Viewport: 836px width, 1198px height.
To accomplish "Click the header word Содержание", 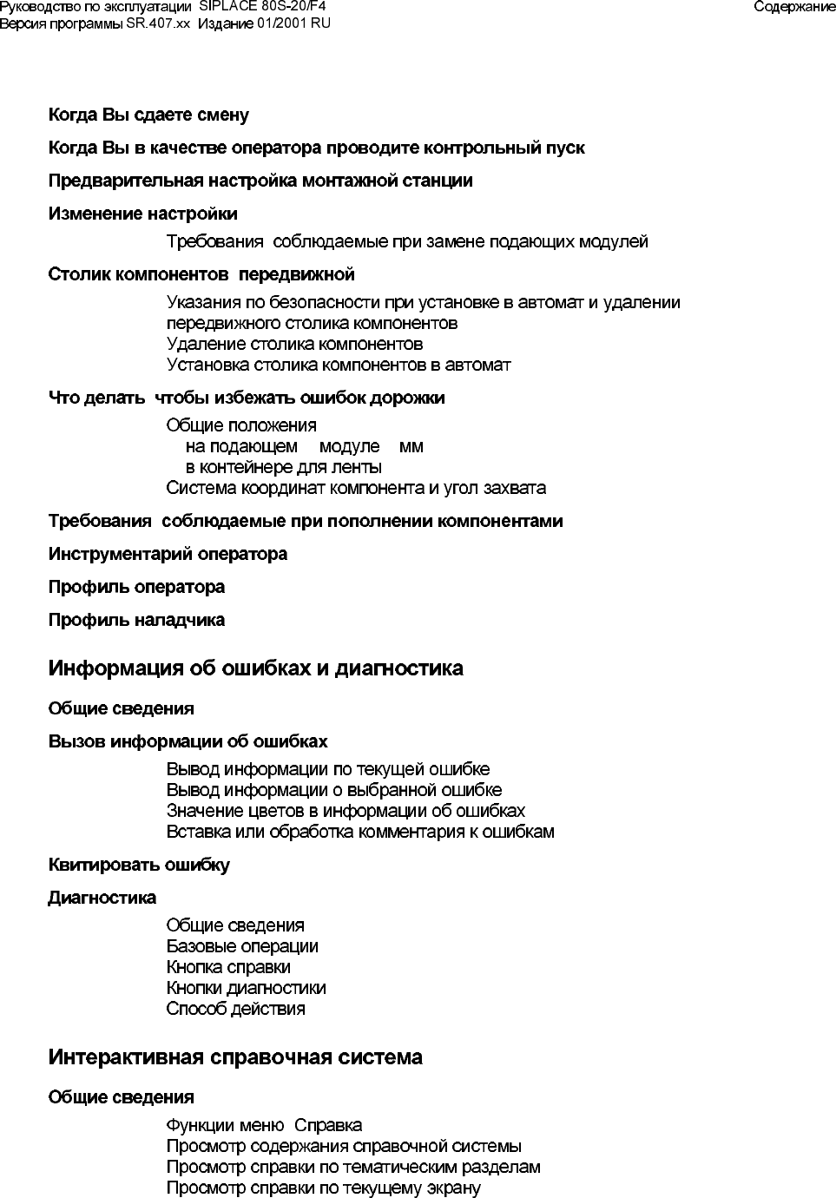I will pos(794,7).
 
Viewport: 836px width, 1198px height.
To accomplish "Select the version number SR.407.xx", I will pos(158,23).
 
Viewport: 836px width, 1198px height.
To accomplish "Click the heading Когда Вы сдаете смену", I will pos(148,115).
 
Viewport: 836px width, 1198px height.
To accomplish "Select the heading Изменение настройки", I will pos(142,214).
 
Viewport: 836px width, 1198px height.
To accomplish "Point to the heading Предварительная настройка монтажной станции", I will pos(260,181).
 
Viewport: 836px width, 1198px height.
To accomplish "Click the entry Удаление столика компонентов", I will pos(294,345).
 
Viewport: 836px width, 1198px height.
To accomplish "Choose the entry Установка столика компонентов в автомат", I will pos(339,365).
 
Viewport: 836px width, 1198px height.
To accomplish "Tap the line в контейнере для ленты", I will pos(284,468).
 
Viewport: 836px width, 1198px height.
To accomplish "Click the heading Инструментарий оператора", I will pos(168,555).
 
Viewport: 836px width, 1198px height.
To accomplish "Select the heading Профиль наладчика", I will pos(136,621).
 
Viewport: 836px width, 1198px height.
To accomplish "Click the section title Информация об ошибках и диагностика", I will pos(255,669).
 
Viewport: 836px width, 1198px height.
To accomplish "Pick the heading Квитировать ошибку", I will pos(139,866).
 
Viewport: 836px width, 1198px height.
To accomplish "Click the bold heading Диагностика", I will pos(102,898).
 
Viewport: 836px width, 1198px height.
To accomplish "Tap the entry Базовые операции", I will pos(242,947).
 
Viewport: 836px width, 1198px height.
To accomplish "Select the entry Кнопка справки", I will pos(228,968).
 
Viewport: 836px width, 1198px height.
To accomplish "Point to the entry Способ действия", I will pos(235,1010).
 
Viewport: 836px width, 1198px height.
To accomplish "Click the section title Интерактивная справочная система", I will pos(235,1058).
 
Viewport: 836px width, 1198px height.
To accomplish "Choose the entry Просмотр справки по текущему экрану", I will pos(323,1188).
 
